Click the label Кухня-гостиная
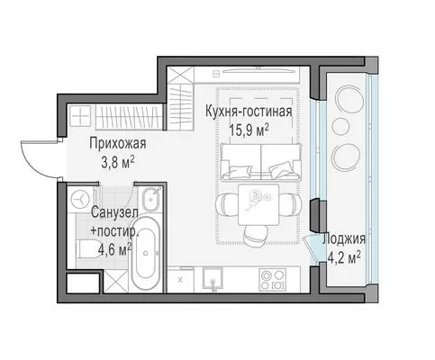(249, 112)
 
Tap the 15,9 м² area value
(249, 130)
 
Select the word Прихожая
(118, 143)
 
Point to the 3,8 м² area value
(118, 164)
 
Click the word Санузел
(114, 212)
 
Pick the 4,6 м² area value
(115, 250)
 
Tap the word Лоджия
(344, 239)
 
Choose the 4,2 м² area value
(344, 258)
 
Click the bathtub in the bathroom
(145, 254)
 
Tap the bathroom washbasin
(151, 199)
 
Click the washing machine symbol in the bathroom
(81, 199)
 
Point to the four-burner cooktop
(273, 280)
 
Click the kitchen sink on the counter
(213, 278)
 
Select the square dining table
(258, 205)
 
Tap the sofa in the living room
(260, 162)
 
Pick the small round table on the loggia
(340, 126)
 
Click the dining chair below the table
(257, 236)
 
